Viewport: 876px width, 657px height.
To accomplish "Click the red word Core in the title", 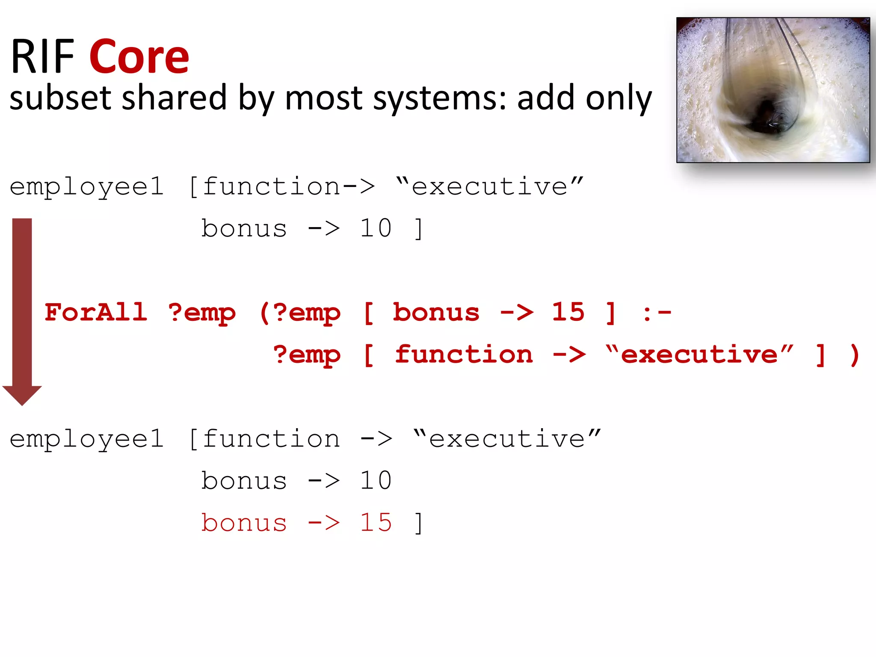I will click(x=139, y=56).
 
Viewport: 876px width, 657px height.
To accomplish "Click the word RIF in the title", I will click(x=43, y=56).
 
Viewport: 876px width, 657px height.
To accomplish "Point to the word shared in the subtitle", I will click(x=174, y=98).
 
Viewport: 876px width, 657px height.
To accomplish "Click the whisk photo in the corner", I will click(x=773, y=90).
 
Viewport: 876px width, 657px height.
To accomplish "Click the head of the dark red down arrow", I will click(x=22, y=394).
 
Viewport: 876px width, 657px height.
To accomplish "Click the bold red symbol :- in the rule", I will click(x=657, y=313).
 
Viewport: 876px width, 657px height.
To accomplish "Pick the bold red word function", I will click(x=464, y=354).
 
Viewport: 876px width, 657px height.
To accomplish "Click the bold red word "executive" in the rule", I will click(x=699, y=354).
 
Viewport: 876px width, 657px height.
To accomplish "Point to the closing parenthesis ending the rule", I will click(x=855, y=355).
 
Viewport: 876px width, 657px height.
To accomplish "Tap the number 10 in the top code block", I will click(x=376, y=228).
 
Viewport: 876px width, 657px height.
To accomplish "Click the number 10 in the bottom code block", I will click(x=376, y=480).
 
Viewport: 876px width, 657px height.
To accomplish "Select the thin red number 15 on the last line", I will click(x=376, y=522).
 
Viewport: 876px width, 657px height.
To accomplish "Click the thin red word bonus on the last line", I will click(x=244, y=522).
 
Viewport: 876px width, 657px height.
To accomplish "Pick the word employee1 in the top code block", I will click(x=87, y=187).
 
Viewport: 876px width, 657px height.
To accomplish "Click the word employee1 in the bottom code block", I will click(x=87, y=439).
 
